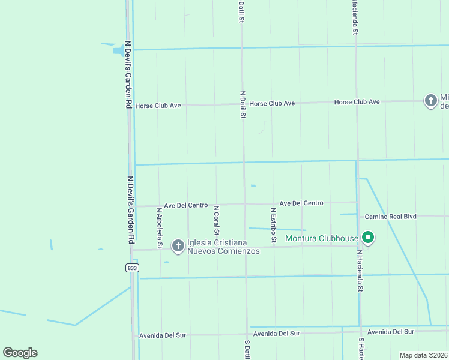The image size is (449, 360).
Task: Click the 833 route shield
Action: tap(132, 268)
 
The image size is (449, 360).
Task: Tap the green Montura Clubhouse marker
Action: tap(367, 238)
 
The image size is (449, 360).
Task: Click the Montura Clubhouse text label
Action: tap(321, 238)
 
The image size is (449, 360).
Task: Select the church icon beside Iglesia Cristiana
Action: tap(178, 245)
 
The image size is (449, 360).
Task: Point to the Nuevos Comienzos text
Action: tap(223, 251)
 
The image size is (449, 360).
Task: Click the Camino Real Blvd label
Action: tap(390, 216)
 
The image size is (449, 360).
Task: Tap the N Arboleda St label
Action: tap(160, 227)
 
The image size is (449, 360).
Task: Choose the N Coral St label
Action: tap(217, 221)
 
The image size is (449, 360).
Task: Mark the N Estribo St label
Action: tap(273, 225)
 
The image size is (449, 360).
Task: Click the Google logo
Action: tap(20, 353)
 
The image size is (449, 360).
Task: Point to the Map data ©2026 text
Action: tap(423, 355)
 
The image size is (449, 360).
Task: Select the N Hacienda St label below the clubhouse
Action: tap(360, 271)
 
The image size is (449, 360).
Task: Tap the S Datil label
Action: tap(247, 350)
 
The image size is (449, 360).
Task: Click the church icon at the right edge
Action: tap(430, 101)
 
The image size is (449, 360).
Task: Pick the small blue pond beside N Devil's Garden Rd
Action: tap(118, 50)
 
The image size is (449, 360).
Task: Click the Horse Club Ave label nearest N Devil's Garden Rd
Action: tap(158, 106)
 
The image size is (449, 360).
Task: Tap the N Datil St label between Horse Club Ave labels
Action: tap(243, 104)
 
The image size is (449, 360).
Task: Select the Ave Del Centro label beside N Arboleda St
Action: tap(186, 205)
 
